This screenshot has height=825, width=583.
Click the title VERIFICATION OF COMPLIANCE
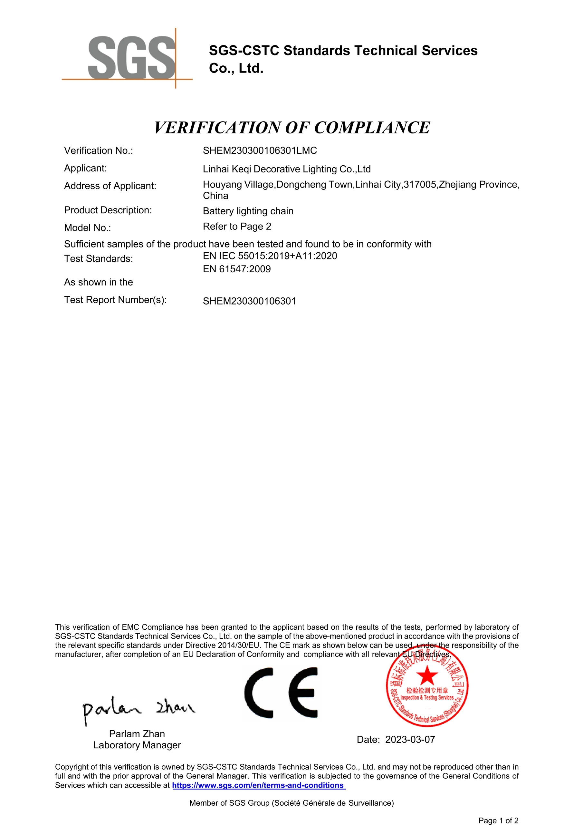[x=292, y=128]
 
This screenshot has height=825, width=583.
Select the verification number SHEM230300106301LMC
[x=260, y=150]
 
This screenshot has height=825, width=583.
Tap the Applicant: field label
[x=85, y=168]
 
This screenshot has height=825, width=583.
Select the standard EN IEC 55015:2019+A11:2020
[x=270, y=256]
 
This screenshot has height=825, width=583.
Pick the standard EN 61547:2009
[x=237, y=269]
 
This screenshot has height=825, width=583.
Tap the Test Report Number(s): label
[x=115, y=300]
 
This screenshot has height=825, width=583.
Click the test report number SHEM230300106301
[x=249, y=301]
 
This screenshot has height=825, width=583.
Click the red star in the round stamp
[x=427, y=675]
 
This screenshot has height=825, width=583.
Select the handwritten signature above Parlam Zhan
[x=138, y=709]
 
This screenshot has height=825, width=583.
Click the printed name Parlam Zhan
[x=137, y=734]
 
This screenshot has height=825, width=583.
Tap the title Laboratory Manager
[x=137, y=745]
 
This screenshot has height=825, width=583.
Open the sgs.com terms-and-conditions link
[x=258, y=785]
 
